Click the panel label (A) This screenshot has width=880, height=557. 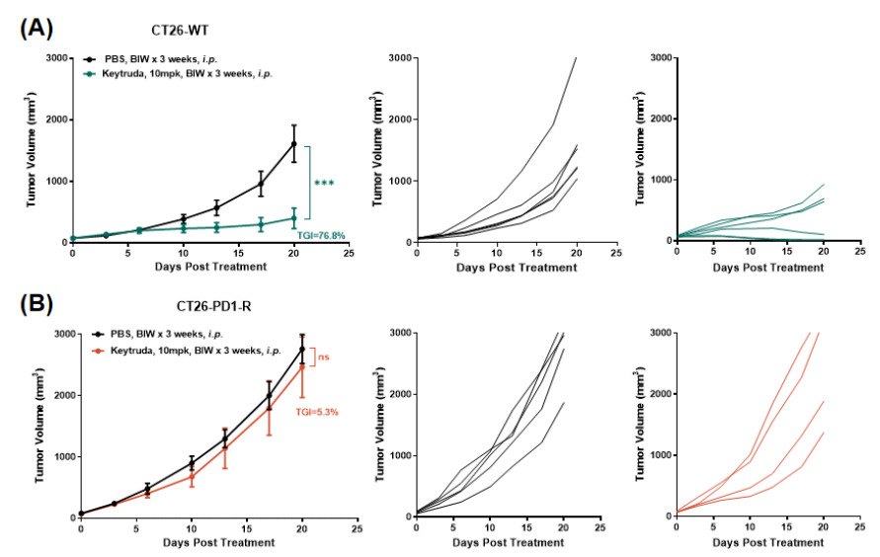pyautogui.click(x=37, y=28)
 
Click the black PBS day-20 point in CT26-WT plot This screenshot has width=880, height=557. pyautogui.click(x=293, y=144)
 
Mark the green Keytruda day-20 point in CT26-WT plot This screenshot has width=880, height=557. pyautogui.click(x=293, y=218)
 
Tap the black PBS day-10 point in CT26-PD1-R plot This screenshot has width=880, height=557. pyautogui.click(x=192, y=462)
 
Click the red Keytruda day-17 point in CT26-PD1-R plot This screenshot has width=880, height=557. pyautogui.click(x=269, y=407)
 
